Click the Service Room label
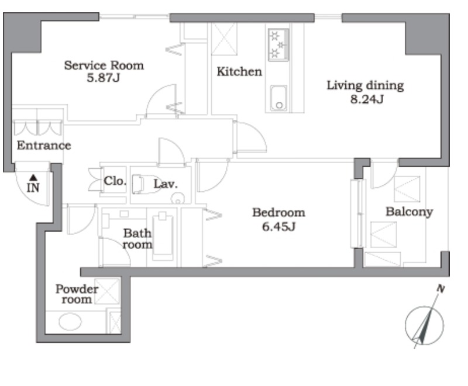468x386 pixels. (104, 66)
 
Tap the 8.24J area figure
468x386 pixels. (367, 99)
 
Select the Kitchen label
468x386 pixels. (239, 71)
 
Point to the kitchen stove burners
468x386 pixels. (278, 45)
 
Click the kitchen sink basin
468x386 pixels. (278, 98)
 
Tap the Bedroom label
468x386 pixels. (279, 213)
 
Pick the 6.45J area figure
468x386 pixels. (279, 227)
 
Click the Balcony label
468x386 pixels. (409, 212)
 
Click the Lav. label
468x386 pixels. (166, 184)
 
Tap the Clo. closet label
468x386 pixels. (115, 181)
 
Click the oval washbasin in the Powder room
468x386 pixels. (70, 322)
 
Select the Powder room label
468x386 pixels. (77, 294)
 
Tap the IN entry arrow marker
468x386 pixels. (33, 178)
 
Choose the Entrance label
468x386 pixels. (44, 145)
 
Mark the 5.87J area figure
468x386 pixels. (104, 78)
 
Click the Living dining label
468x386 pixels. (365, 85)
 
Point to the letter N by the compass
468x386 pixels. (441, 288)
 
